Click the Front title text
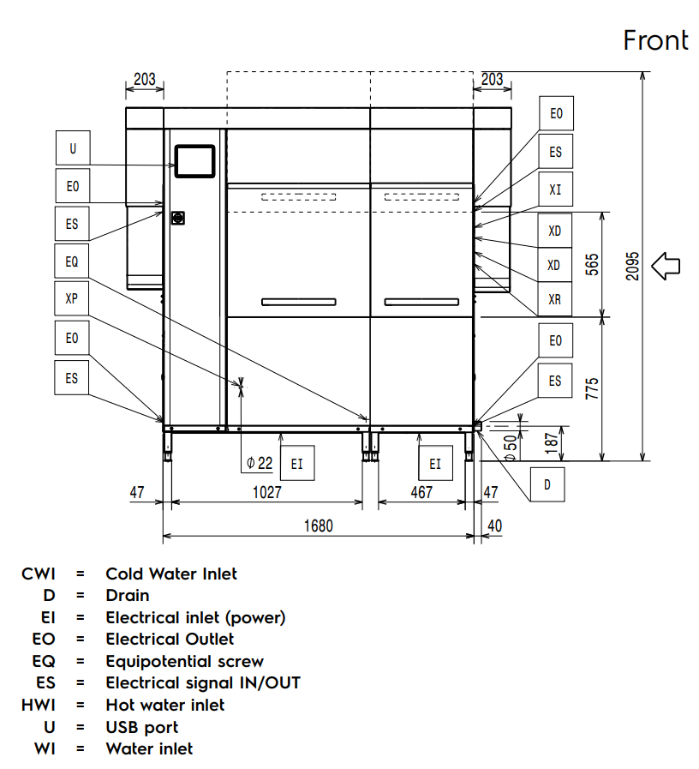coord(655,40)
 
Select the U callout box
coord(73,148)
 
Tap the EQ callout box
coord(73,262)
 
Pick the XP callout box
coord(73,299)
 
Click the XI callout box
coord(555,189)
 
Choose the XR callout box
coord(555,299)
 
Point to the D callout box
coord(547,485)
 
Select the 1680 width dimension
coord(319,526)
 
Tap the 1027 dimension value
coord(267,493)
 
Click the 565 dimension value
coord(592,265)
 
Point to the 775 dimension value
coord(592,388)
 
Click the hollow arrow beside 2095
coord(666,266)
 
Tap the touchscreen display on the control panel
coord(194,160)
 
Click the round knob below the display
coord(179,218)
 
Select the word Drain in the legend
coord(127,595)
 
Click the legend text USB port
coord(141,727)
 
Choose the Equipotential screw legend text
coord(184,661)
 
